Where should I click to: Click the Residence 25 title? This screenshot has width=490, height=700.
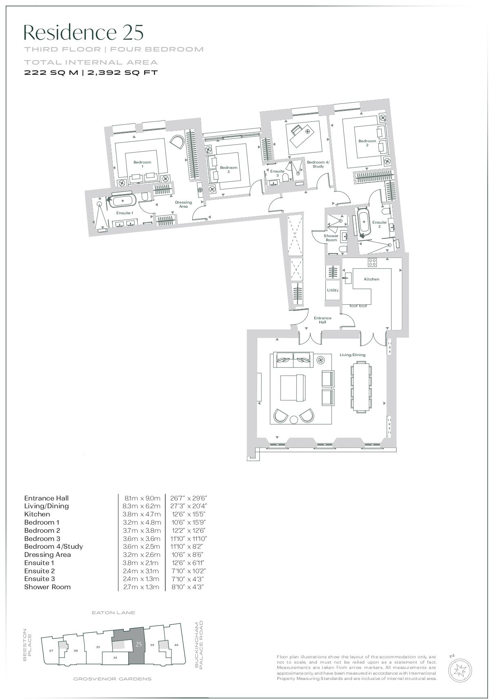[x=84, y=32]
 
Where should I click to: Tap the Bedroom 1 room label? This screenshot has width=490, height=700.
[x=142, y=164]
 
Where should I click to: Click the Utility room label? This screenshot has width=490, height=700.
[x=333, y=290]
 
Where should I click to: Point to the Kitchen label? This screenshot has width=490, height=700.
[x=372, y=279]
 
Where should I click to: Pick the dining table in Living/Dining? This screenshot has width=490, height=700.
[x=362, y=387]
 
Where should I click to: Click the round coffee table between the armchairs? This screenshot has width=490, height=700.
[x=294, y=420]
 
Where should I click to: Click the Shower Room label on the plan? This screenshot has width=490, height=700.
[x=331, y=238]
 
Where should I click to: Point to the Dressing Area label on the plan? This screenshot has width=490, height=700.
[x=183, y=204]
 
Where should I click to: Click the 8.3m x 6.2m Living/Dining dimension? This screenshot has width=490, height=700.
[x=142, y=506]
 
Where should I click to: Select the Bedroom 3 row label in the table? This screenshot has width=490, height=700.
[x=42, y=538]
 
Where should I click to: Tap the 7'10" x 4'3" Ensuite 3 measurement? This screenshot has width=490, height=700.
[x=187, y=579]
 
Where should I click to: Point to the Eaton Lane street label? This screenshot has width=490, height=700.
[x=113, y=612]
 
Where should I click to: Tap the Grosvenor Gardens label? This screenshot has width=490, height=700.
[x=112, y=679]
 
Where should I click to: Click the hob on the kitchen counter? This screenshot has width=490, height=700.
[x=372, y=262]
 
